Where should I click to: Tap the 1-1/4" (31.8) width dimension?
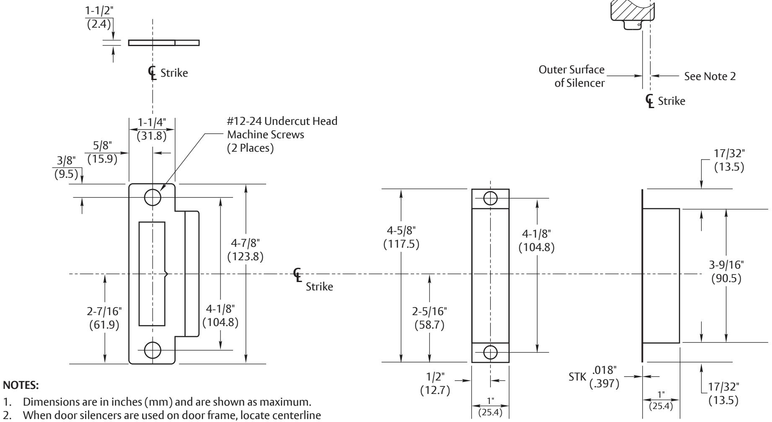[152, 130]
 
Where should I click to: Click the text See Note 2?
[710, 76]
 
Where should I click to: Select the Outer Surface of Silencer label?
[574, 76]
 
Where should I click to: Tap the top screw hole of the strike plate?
[152, 197]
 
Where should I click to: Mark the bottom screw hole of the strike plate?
[152, 349]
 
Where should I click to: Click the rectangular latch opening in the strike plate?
[152, 274]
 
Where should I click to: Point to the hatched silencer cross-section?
[630, 13]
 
